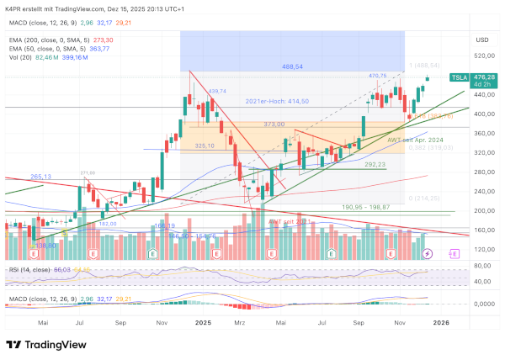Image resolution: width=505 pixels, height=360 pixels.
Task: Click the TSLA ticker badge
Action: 460,77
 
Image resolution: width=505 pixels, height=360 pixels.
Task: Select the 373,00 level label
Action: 274,124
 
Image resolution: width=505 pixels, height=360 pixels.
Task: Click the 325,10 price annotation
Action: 205,146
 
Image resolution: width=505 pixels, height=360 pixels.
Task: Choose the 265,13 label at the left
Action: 41,177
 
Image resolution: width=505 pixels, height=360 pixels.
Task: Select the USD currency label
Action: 482,40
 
